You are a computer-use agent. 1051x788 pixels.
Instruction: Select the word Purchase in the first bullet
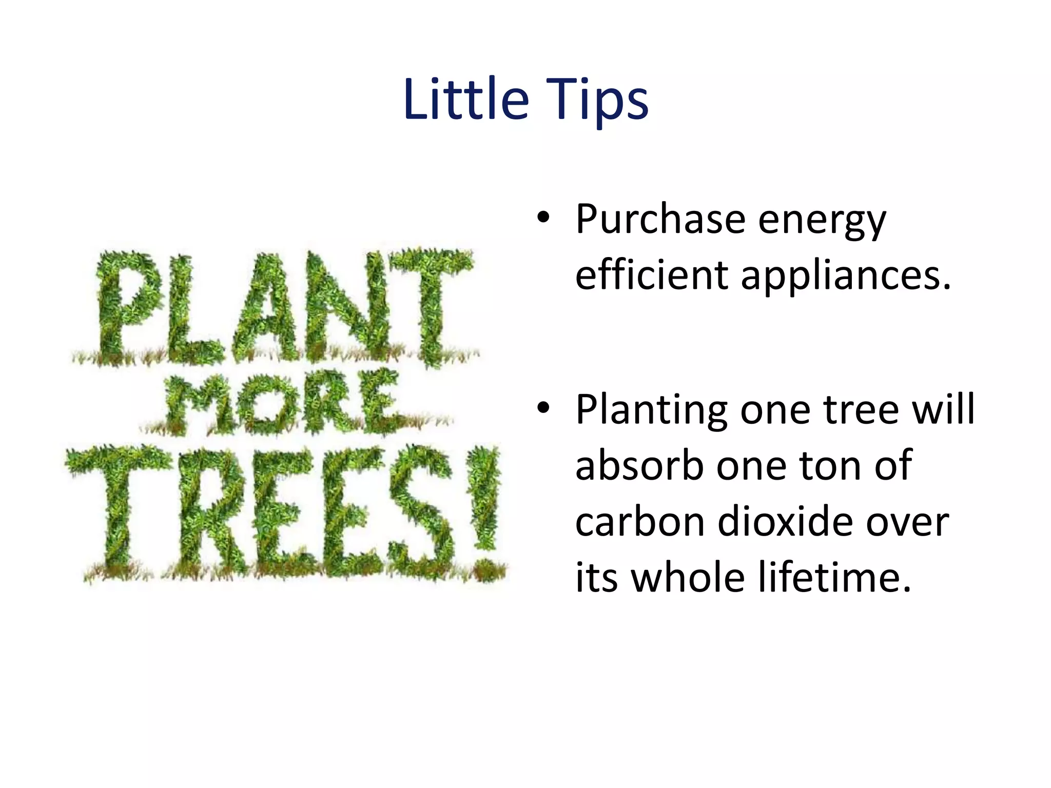click(x=660, y=220)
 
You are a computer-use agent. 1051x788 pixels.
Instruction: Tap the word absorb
click(x=639, y=465)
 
